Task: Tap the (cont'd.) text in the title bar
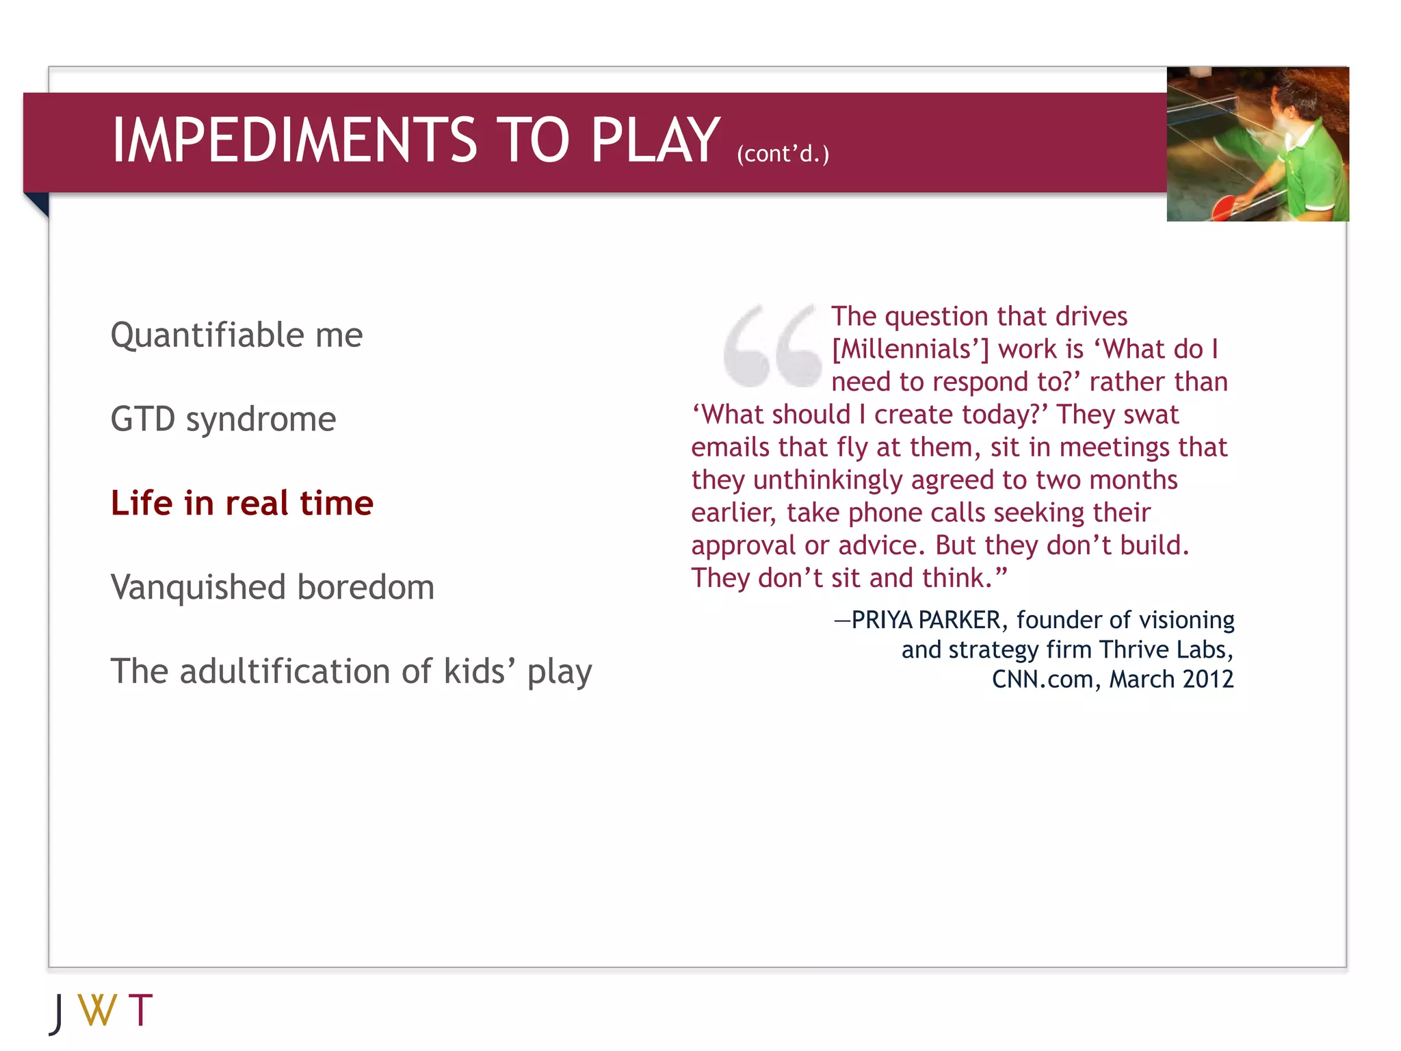(783, 154)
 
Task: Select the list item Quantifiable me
(237, 335)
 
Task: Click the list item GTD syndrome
(223, 419)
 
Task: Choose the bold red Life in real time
(242, 504)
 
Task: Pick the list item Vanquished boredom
(272, 588)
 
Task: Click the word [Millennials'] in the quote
(910, 350)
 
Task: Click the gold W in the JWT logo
(97, 1011)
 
